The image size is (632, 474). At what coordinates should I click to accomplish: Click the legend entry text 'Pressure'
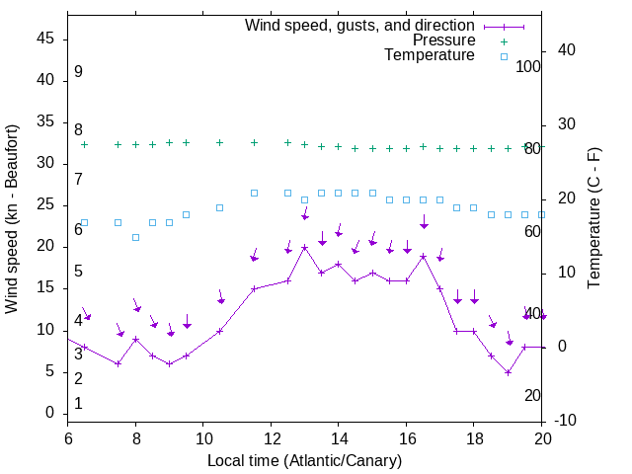tap(443, 40)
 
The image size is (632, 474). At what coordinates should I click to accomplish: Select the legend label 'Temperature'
tap(430, 55)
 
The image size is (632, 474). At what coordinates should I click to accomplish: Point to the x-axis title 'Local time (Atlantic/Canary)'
tap(305, 461)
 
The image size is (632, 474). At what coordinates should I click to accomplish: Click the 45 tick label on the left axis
tap(45, 39)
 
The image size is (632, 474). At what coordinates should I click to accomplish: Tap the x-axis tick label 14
tap(339, 438)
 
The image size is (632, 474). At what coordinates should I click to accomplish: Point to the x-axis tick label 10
tap(202, 438)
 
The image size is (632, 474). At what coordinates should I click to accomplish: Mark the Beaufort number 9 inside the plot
tap(78, 72)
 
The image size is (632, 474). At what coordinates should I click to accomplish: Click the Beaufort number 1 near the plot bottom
tap(78, 403)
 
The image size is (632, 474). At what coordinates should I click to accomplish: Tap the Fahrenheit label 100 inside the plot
tap(529, 66)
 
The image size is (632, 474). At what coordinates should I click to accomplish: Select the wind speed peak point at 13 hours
tap(305, 247)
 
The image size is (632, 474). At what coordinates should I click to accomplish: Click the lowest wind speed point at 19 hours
tap(508, 372)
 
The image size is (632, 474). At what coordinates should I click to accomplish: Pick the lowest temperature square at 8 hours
tap(135, 237)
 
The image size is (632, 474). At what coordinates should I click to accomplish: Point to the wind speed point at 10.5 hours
tap(220, 331)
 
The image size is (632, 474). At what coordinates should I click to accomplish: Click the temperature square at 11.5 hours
tap(254, 193)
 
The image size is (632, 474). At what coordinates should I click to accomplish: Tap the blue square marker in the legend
tap(504, 56)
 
